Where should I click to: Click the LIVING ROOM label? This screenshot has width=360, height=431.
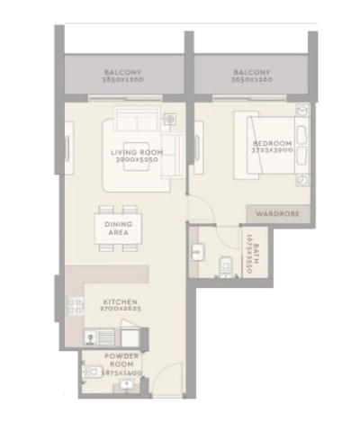click(137, 152)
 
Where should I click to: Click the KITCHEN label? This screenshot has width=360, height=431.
click(121, 301)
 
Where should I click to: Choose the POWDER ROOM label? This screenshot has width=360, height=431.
click(121, 361)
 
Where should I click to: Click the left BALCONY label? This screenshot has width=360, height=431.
click(122, 73)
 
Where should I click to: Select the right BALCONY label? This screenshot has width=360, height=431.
click(252, 73)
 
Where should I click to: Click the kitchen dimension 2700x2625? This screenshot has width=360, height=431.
click(121, 309)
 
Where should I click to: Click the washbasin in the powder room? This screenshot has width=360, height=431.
click(126, 386)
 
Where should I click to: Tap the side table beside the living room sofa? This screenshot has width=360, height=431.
click(168, 119)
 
